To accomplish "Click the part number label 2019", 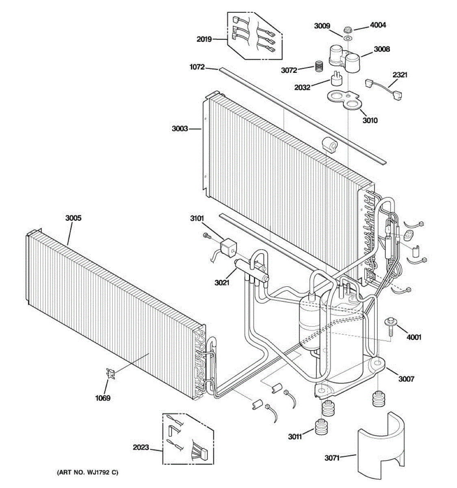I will pos(204,39).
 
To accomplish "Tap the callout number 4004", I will pos(378,25).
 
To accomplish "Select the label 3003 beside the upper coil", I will pos(180,129).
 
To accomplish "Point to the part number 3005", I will pos(73,218).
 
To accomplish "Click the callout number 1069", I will pos(103,398).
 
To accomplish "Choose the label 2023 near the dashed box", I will pos(141,448).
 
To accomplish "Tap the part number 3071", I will pos(332,458).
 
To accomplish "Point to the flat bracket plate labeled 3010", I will pos(344,100).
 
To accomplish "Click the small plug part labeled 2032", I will pos(336,79).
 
